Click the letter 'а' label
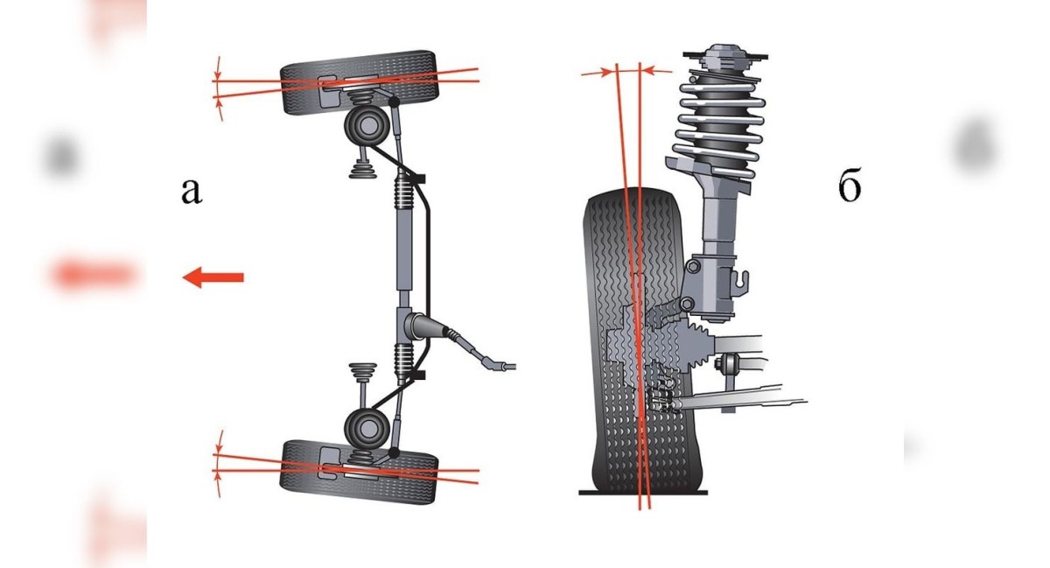pyautogui.click(x=192, y=191)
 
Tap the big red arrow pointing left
pyautogui.click(x=213, y=277)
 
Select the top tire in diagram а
pyautogui.click(x=360, y=83)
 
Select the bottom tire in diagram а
pyautogui.click(x=359, y=472)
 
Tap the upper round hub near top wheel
pyautogui.click(x=367, y=125)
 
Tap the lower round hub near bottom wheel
pyautogui.click(x=367, y=428)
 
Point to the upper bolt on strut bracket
pyautogui.click(x=693, y=267)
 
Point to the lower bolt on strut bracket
pyautogui.click(x=687, y=304)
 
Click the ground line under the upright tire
pyautogui.click(x=643, y=493)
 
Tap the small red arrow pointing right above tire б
pyautogui.click(x=597, y=73)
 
